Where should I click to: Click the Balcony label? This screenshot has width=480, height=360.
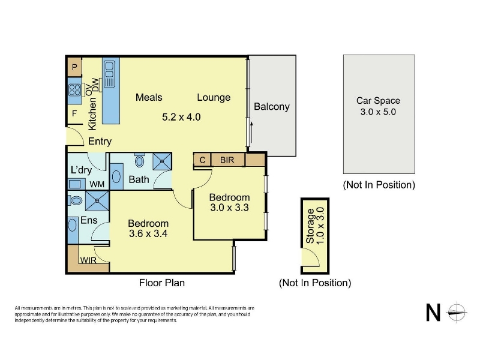(272, 107)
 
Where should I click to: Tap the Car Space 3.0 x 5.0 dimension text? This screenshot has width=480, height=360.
(378, 112)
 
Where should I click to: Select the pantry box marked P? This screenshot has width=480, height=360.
(74, 67)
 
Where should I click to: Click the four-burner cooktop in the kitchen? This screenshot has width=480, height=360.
(74, 90)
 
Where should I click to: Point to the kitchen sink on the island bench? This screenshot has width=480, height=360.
(109, 73)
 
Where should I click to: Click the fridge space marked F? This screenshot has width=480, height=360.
(74, 113)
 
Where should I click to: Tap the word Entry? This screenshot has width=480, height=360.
(100, 141)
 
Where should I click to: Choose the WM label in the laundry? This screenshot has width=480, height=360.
(97, 184)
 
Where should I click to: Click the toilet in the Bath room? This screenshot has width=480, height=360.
(140, 160)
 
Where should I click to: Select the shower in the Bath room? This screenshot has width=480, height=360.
(162, 161)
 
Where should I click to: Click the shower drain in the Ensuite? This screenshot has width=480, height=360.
(97, 201)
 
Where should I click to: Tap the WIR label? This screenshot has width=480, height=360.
(88, 260)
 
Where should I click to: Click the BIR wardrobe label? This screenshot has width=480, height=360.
(227, 160)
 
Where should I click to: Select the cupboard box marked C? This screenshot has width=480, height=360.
(202, 160)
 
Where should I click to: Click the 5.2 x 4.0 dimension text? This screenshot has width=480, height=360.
(181, 117)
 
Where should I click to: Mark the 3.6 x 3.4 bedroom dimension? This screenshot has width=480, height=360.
(148, 233)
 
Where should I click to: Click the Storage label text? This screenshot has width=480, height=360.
(310, 226)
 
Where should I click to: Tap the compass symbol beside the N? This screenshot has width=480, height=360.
(457, 313)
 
